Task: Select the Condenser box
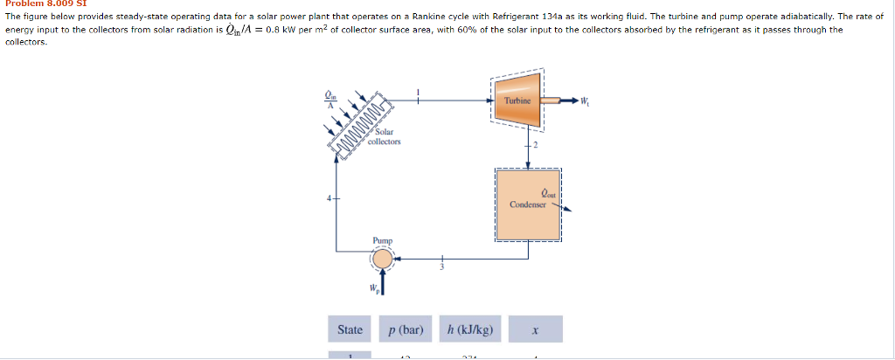coord(528,204)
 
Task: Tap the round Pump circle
coord(382,259)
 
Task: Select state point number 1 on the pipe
coord(419,92)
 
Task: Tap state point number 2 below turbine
coord(535,142)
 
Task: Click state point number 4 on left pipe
coord(330,199)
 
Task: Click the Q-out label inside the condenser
coord(548,193)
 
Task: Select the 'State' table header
coord(350,329)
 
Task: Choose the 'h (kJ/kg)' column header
coord(469,329)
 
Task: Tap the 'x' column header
coord(534,329)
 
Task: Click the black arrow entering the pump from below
coord(382,283)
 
